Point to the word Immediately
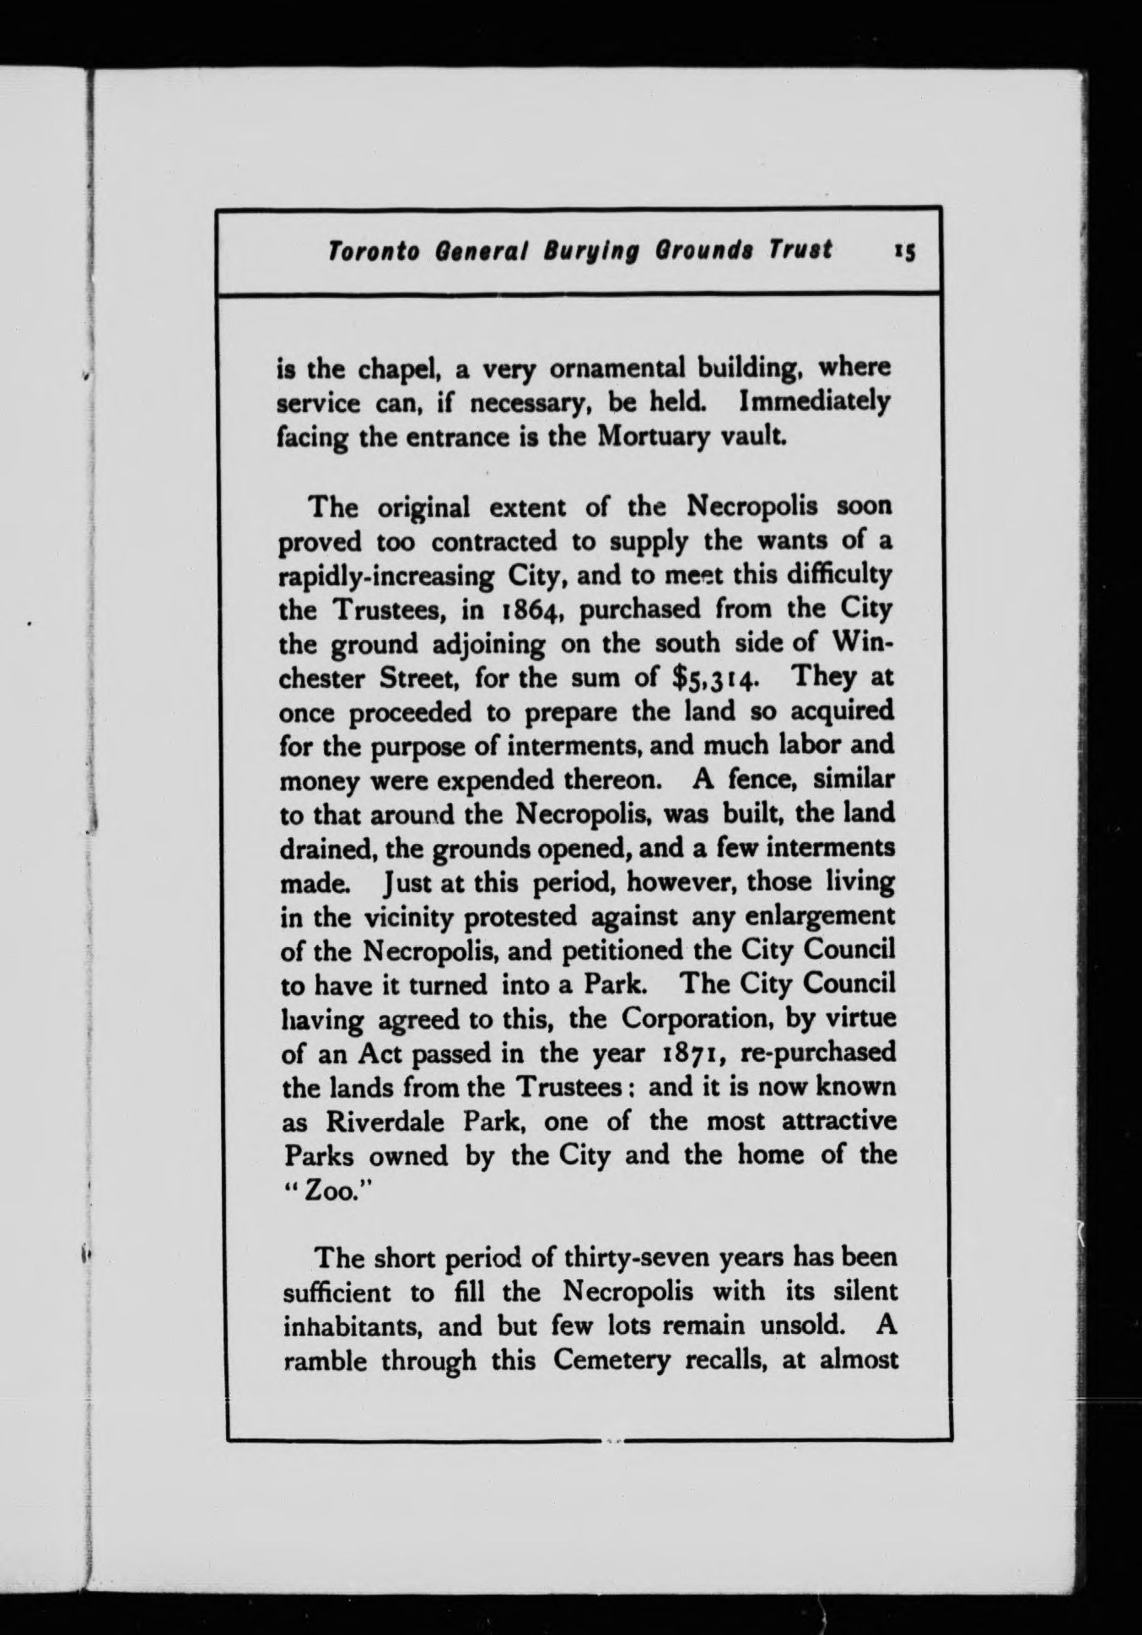click(814, 403)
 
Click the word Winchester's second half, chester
click(322, 679)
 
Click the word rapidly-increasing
click(387, 577)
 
